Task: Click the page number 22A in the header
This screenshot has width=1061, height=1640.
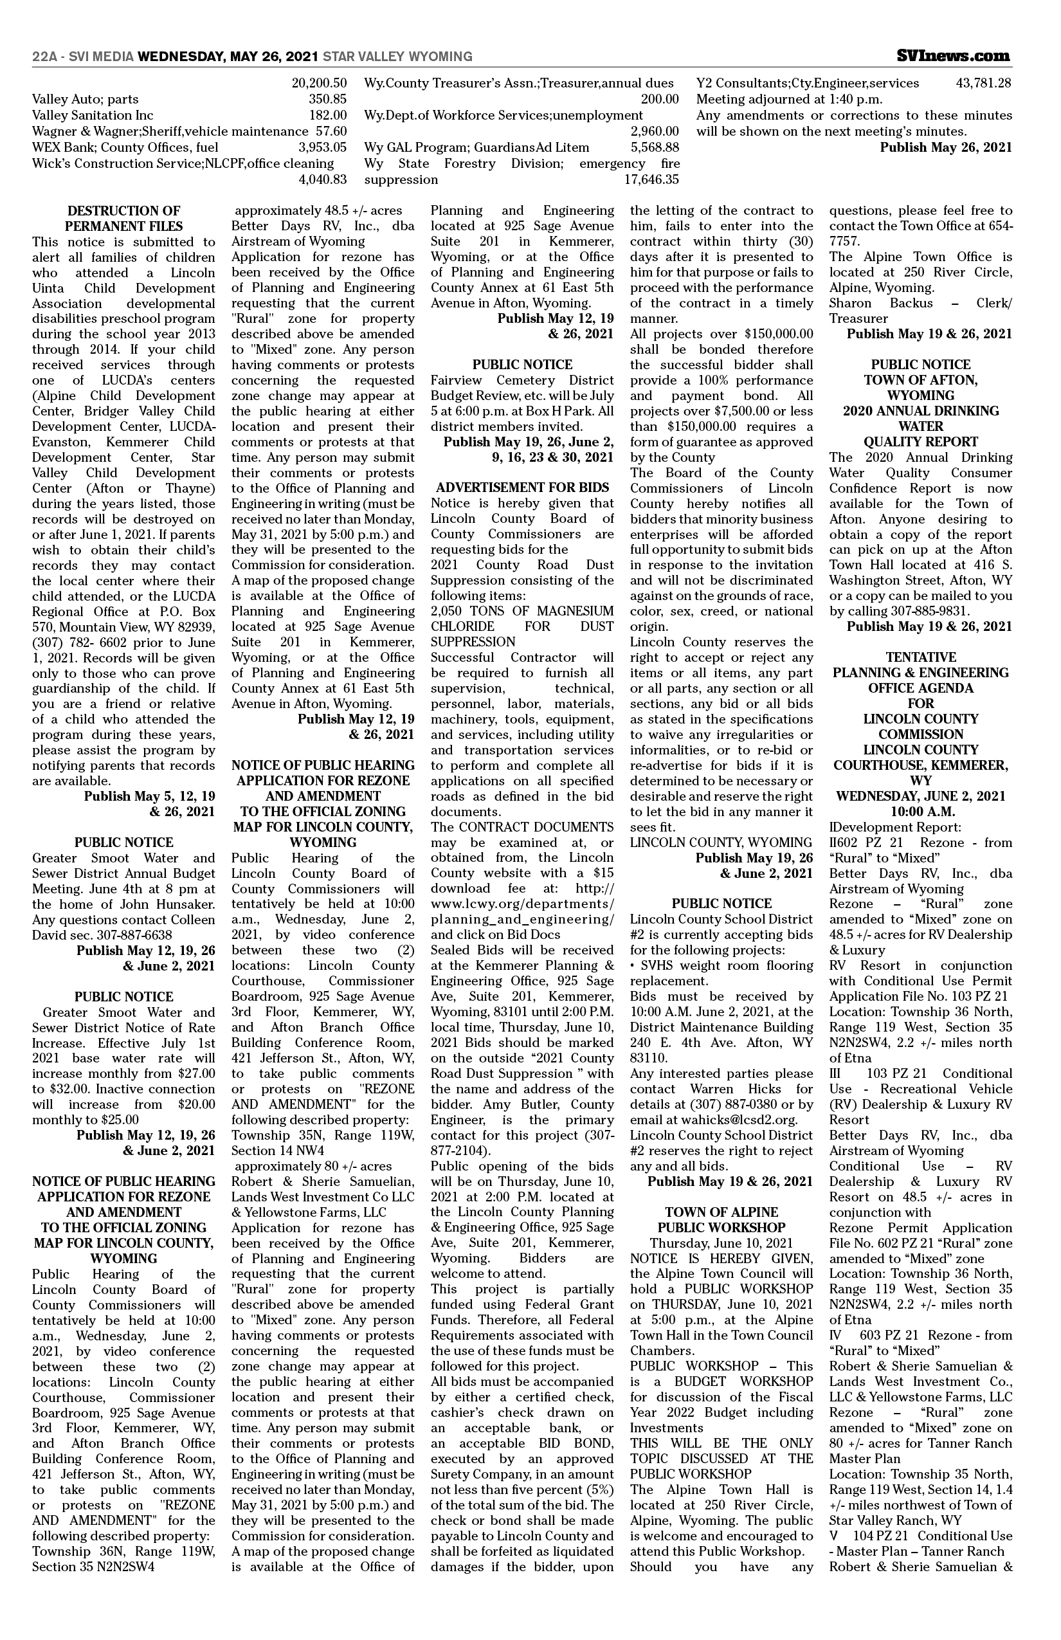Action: pyautogui.click(x=44, y=57)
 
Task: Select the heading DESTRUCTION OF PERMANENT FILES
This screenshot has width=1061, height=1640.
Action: pyautogui.click(x=124, y=219)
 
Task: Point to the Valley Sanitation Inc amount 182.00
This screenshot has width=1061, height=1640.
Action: pyautogui.click(x=328, y=115)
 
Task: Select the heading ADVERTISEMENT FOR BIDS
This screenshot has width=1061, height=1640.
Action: pyautogui.click(x=522, y=488)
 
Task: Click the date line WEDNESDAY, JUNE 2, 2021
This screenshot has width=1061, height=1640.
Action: pyautogui.click(x=920, y=796)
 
